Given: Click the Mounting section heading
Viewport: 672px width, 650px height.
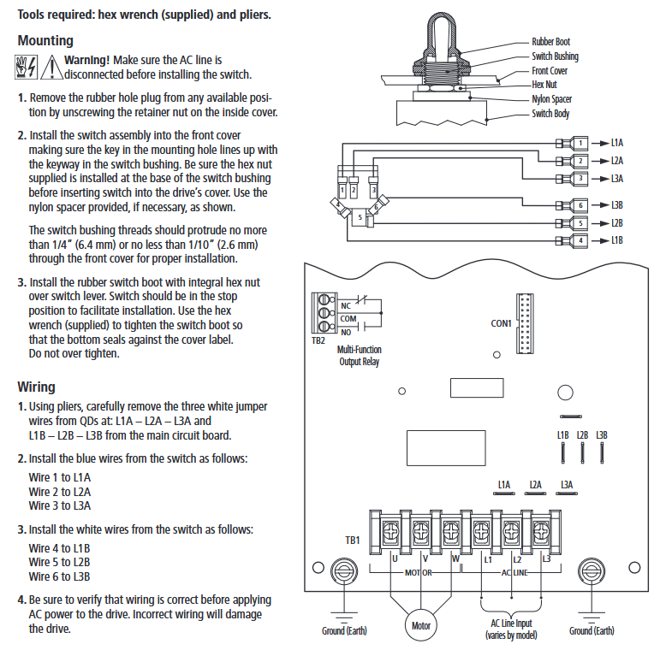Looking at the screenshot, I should pos(45,40).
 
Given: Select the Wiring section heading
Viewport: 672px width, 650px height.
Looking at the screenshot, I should pos(36,387).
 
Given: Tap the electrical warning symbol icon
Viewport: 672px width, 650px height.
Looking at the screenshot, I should pos(27,65).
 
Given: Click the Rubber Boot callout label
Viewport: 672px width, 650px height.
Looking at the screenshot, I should pos(550,42).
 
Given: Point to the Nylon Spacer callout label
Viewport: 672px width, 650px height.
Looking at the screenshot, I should pos(552,99).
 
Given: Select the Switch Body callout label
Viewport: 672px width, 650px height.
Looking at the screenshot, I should pos(550,114).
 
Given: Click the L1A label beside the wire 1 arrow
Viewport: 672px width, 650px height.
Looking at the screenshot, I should pos(617,142).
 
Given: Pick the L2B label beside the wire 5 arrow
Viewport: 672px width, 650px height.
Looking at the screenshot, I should pos(617,223).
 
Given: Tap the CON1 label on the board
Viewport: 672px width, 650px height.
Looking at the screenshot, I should pos(501,323).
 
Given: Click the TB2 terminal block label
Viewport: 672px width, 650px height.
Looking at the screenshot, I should pos(318,340).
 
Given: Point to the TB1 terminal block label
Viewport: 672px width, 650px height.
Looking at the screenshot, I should pos(352,541).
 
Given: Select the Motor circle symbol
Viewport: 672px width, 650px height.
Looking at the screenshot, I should pos(420,625).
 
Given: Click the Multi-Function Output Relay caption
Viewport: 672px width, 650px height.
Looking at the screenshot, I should pos(360,356).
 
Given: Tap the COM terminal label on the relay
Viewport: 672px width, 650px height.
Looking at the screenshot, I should pos(348,318).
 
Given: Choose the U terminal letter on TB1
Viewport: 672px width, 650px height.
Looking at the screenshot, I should pos(395,559).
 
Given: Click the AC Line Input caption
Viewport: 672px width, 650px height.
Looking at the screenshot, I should pos(511,629).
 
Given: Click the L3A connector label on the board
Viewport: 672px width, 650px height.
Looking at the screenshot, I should pos(567,485).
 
